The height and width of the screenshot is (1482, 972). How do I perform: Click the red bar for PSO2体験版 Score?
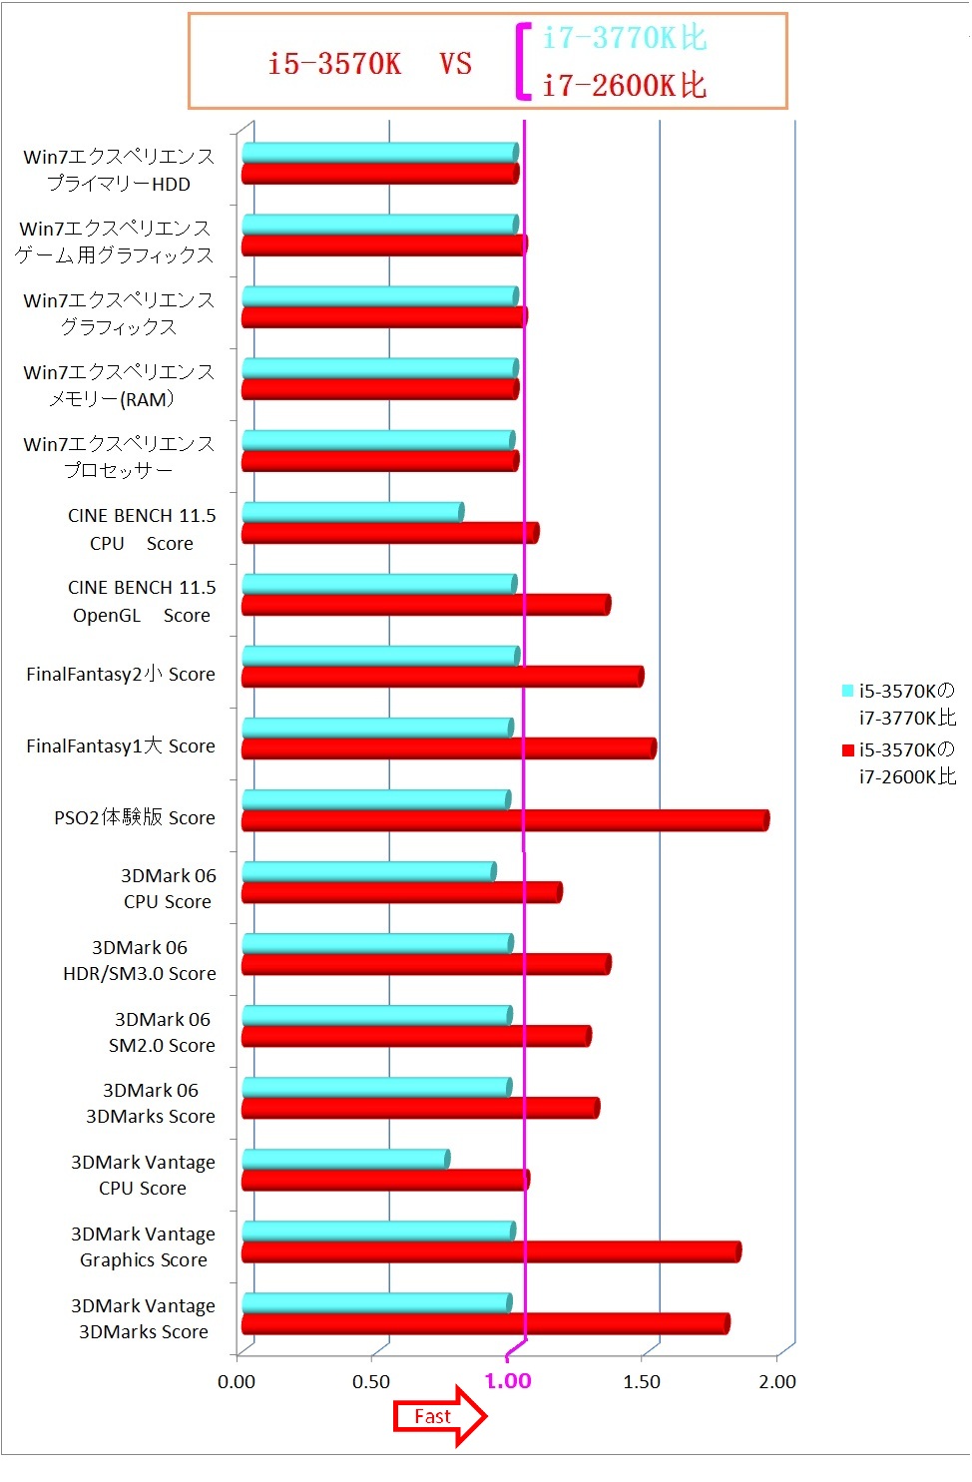coord(505,820)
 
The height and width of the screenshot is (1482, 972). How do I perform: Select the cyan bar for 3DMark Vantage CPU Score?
coord(345,1159)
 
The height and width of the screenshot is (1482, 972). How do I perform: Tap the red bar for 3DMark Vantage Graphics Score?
coord(491,1251)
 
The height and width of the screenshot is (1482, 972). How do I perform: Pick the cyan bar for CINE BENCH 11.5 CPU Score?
coord(352,512)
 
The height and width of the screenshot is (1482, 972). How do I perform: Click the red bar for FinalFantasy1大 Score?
coord(449,748)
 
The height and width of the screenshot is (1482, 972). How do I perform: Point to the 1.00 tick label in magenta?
coord(508,1381)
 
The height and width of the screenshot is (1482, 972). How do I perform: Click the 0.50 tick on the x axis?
coord(371,1382)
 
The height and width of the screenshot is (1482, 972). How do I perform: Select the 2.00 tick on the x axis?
coord(777,1382)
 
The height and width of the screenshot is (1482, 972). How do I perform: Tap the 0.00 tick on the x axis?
coord(237,1382)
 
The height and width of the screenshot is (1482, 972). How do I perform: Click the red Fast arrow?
coord(439,1416)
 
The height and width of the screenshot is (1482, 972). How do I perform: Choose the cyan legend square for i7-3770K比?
coord(847,691)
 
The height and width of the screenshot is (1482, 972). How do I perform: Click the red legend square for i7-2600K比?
coord(847,750)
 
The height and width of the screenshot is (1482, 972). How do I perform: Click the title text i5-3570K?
coord(334,64)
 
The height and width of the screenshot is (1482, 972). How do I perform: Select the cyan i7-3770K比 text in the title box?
coord(625,38)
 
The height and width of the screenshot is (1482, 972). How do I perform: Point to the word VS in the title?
coord(455,64)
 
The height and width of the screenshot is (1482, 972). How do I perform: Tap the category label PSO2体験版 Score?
coord(135,818)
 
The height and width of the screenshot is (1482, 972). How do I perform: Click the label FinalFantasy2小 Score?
coord(121,675)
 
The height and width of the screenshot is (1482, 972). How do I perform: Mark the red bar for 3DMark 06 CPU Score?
coord(401,892)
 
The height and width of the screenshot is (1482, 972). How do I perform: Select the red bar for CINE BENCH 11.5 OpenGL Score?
coord(426,605)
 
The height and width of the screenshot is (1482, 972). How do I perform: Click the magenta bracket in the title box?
coord(522,62)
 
